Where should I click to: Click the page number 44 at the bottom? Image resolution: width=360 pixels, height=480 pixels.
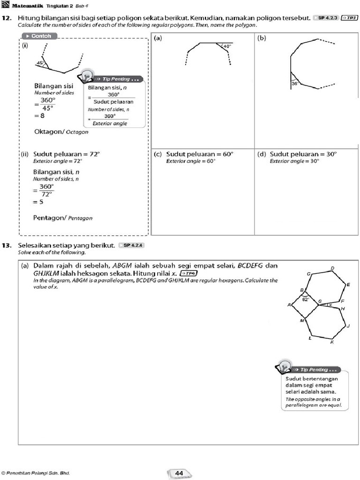click(x=179, y=473)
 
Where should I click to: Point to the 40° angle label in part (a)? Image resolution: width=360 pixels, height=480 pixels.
click(x=227, y=46)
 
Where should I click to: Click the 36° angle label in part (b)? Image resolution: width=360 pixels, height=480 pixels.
click(x=295, y=83)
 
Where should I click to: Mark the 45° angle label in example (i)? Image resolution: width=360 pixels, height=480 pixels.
click(x=40, y=63)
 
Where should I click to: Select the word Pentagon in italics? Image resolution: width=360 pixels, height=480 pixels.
click(x=80, y=218)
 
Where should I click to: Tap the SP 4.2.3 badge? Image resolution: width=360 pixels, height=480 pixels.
click(x=328, y=18)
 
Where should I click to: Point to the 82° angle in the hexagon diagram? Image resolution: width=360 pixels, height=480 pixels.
click(x=305, y=299)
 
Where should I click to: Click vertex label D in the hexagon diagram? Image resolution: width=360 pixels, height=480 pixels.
click(x=332, y=268)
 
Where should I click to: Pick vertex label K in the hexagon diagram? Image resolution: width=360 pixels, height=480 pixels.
click(x=331, y=342)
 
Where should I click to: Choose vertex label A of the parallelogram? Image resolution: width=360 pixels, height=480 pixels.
click(x=289, y=305)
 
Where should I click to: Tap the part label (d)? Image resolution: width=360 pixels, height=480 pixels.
click(x=262, y=154)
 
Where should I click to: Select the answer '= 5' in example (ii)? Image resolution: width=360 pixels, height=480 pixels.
click(x=39, y=202)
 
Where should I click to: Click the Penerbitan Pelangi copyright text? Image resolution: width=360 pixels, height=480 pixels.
click(x=36, y=473)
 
